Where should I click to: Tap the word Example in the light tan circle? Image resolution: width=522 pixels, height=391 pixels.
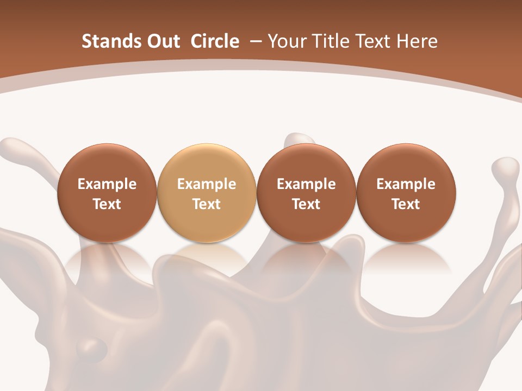click(207, 184)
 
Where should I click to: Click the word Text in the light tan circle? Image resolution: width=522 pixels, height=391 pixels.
click(207, 204)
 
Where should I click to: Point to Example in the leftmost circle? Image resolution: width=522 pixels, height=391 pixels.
click(107, 184)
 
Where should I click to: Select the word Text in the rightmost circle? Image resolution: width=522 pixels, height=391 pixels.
click(406, 204)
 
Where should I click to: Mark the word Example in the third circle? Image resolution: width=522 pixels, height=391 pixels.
click(306, 184)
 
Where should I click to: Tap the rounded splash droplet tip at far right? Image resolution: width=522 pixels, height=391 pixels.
click(507, 166)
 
